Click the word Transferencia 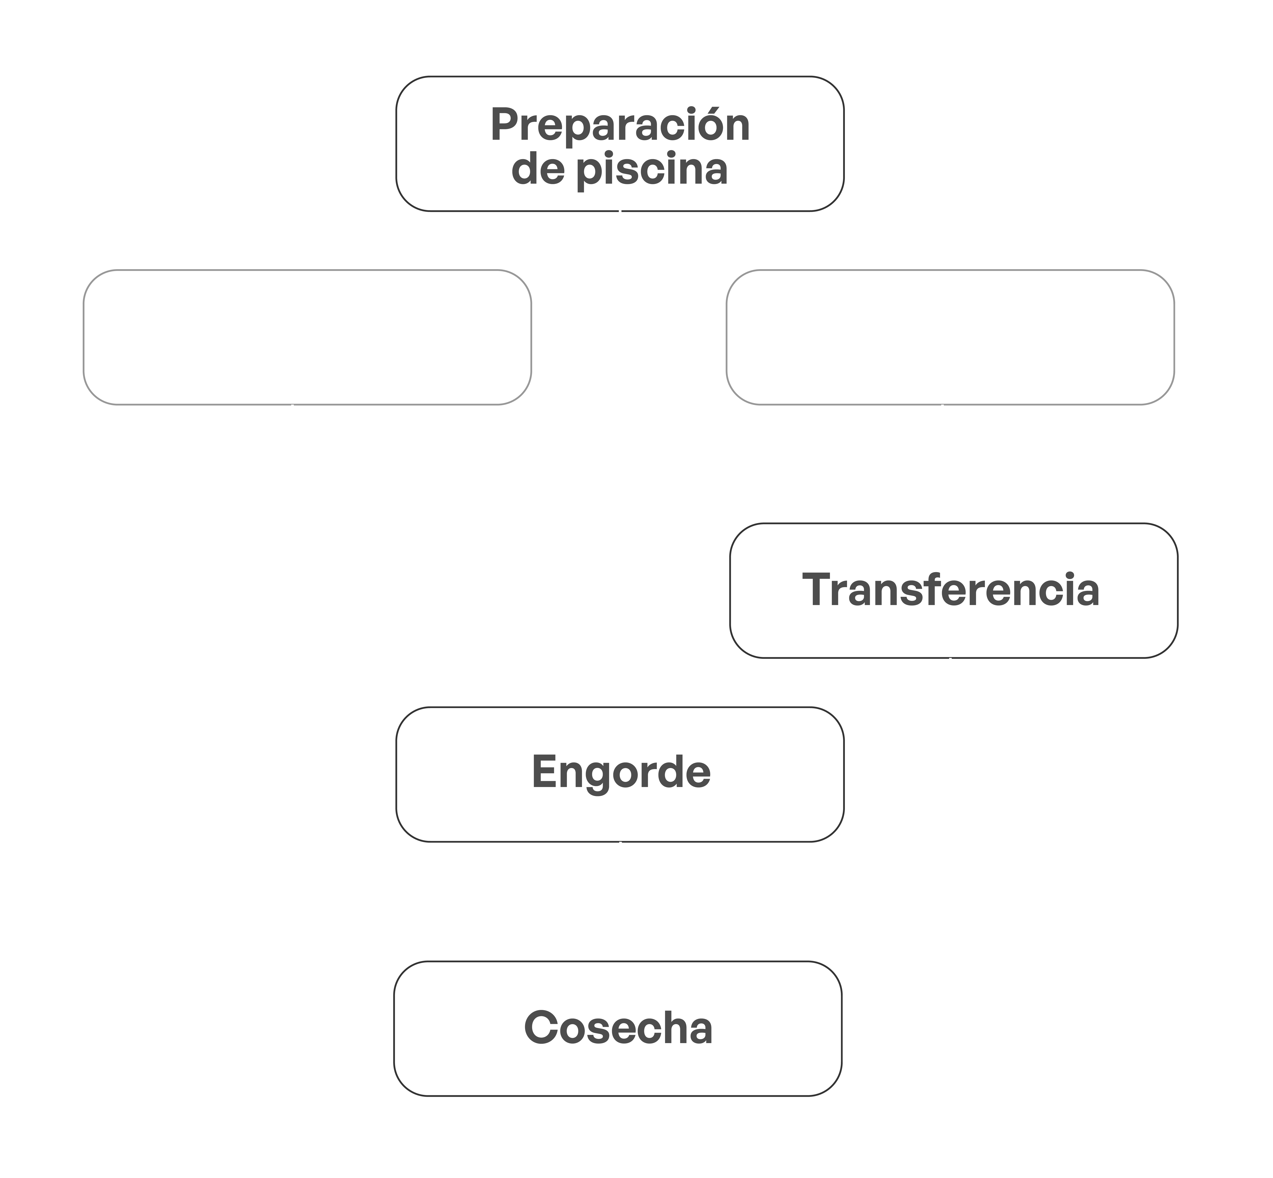[950, 590]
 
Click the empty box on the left [307, 337]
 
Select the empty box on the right [950, 337]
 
